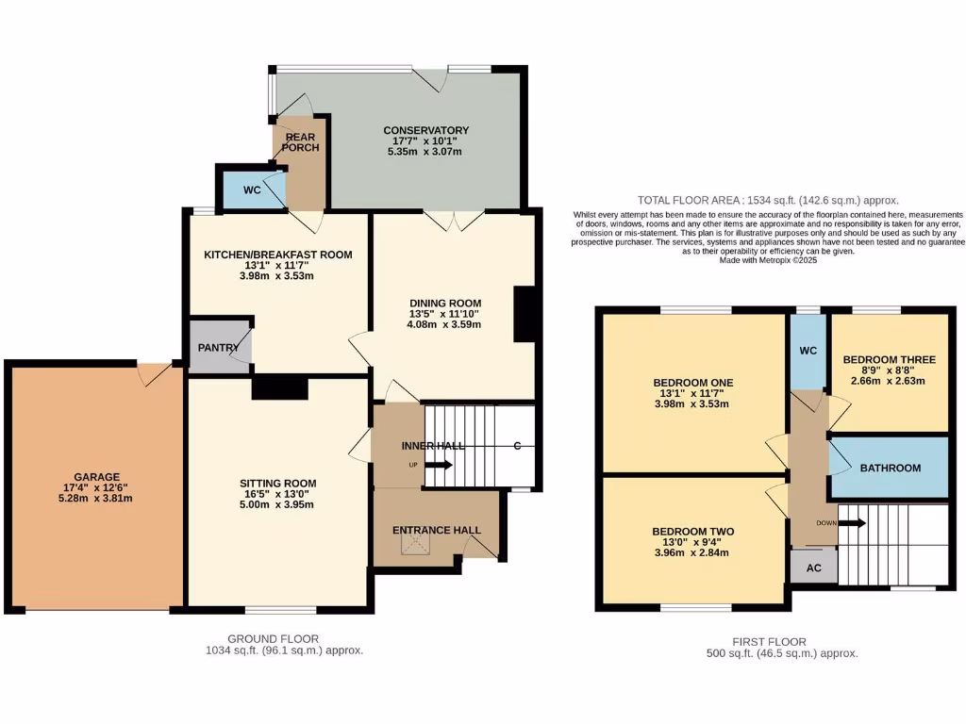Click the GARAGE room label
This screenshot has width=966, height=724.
pos(98,477)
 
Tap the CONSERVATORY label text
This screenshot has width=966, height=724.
pos(425,130)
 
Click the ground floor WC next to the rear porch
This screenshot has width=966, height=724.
pos(251,189)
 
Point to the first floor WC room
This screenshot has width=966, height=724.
pos(808,350)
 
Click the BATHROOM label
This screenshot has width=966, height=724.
pos(890,468)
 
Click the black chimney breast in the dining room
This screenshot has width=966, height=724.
pos(525,314)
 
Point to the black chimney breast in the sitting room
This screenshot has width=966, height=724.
pos(280,387)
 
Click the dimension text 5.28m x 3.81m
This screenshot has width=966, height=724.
pos(98,499)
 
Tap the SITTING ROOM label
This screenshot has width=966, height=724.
pos(276,482)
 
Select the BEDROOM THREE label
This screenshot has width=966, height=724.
pos(889,359)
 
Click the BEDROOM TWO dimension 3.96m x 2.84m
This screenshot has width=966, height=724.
pos(692,554)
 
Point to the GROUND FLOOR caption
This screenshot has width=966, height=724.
pos(273,638)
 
